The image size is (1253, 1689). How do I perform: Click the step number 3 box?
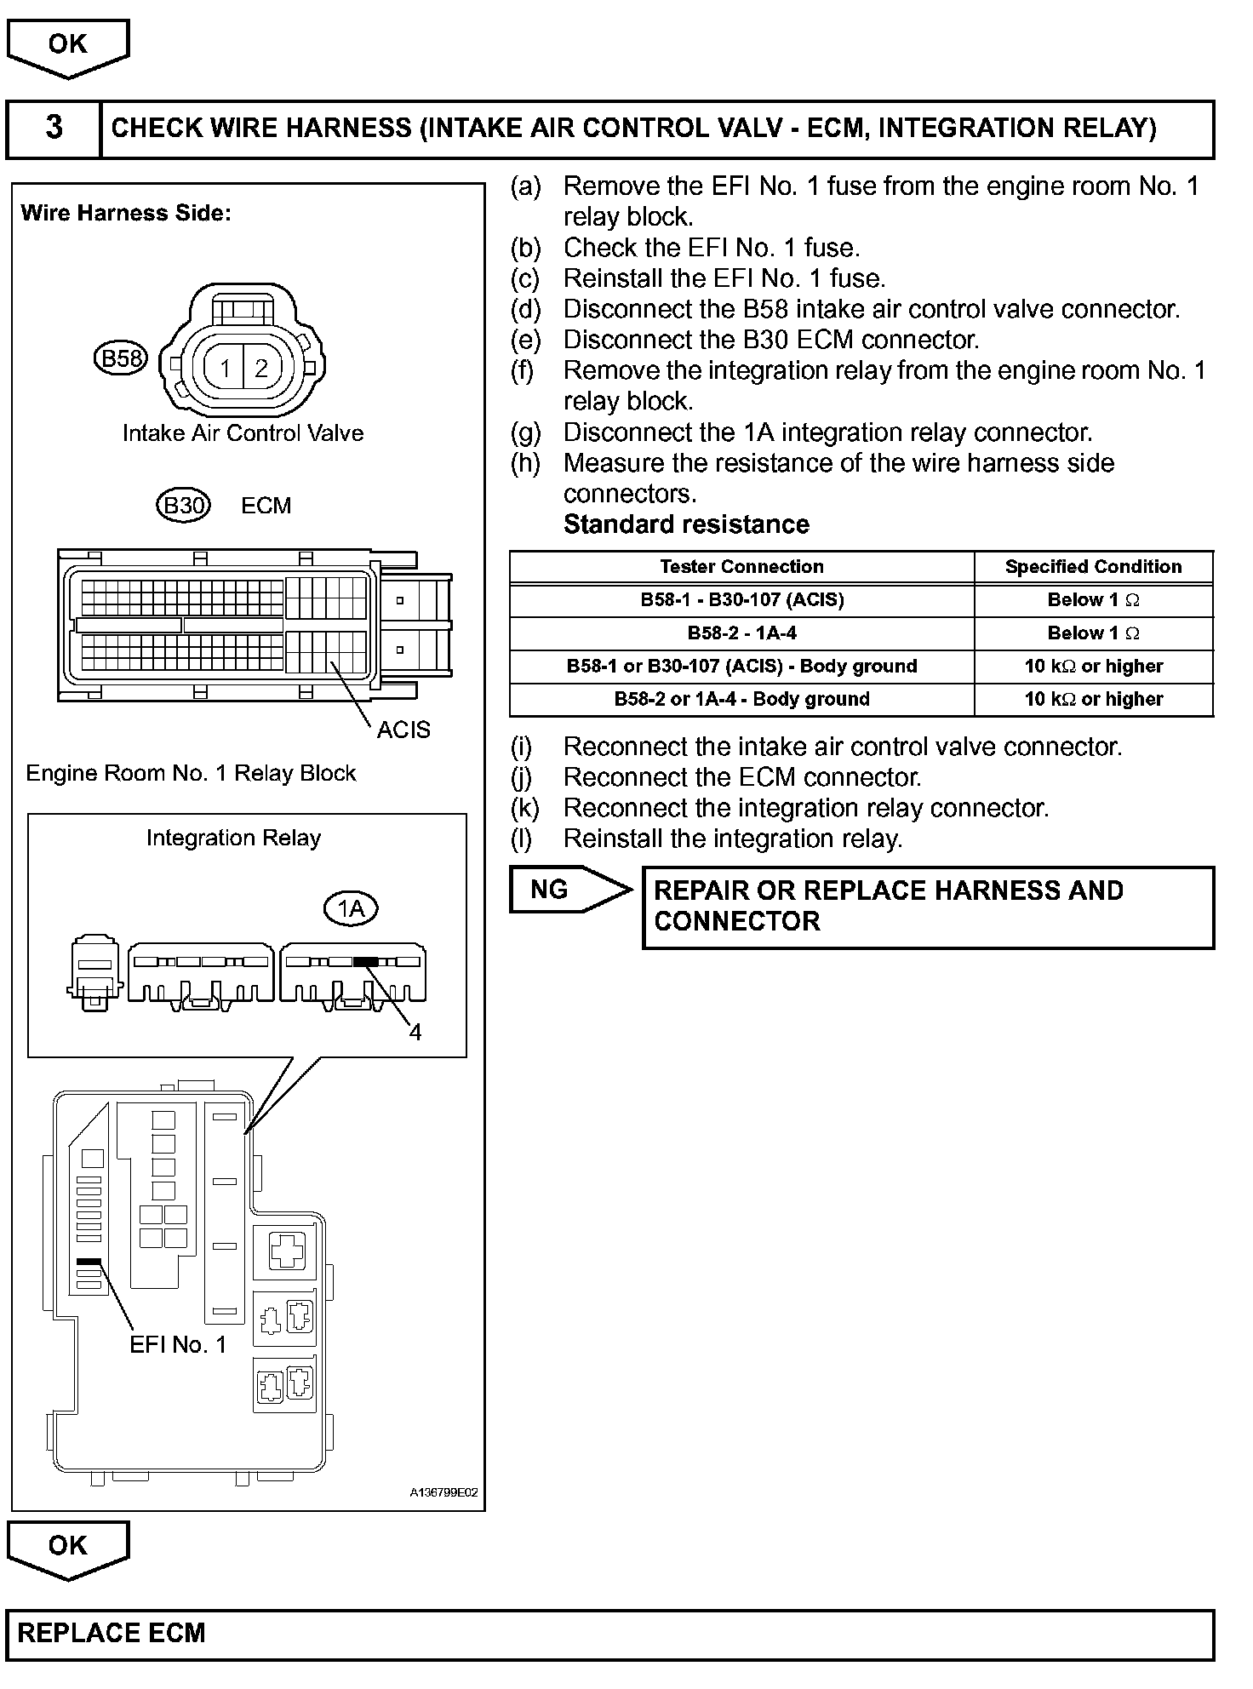pyautogui.click(x=54, y=129)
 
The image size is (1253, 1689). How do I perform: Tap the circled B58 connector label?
pyautogui.click(x=120, y=358)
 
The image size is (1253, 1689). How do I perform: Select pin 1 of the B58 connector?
pyautogui.click(x=225, y=369)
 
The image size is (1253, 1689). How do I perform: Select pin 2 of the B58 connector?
pyautogui.click(x=261, y=369)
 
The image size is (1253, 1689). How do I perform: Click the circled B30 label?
pyautogui.click(x=183, y=507)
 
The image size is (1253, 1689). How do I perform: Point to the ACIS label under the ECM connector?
pyautogui.click(x=403, y=730)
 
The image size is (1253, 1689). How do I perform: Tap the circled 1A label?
pyautogui.click(x=351, y=909)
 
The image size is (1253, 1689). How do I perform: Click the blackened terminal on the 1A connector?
pyautogui.click(x=365, y=961)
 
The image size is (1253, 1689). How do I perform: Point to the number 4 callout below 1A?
pyautogui.click(x=415, y=1033)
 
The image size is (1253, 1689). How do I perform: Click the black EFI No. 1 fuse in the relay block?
pyautogui.click(x=89, y=1262)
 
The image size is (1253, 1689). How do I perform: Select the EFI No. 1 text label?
pyautogui.click(x=178, y=1344)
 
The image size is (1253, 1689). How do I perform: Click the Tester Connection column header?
pyautogui.click(x=741, y=567)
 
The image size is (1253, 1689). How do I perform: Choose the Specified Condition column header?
pyautogui.click(x=1093, y=567)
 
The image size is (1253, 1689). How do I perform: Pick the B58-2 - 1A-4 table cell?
pyautogui.click(x=741, y=633)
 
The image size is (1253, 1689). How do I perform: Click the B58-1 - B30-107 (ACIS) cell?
pyautogui.click(x=741, y=600)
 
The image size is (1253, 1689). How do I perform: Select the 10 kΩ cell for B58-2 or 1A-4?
pyautogui.click(x=1093, y=700)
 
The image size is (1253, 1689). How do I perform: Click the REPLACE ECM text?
pyautogui.click(x=112, y=1633)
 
